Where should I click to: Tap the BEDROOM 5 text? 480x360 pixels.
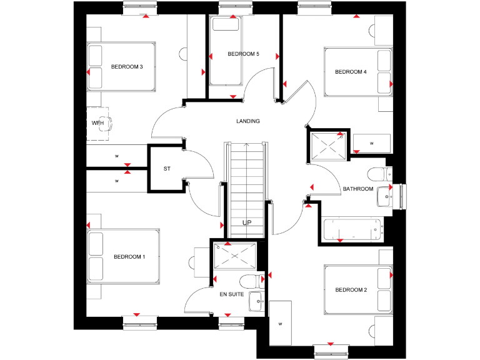243,54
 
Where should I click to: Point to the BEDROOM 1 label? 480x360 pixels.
129,257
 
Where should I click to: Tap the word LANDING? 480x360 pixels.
248,121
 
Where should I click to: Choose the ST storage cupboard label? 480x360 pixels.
167,169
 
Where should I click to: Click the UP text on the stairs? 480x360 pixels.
247,222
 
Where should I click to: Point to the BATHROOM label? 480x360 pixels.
357,189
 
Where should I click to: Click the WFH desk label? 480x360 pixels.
97,123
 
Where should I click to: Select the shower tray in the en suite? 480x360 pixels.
235,256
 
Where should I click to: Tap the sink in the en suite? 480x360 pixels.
256,301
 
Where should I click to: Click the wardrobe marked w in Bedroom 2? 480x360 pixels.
280,322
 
